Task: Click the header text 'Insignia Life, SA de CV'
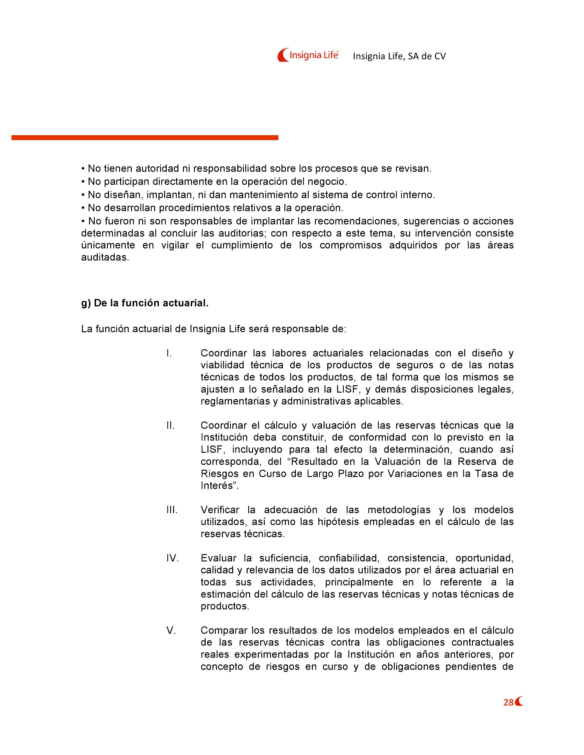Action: pyautogui.click(x=399, y=56)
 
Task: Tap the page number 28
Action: pyautogui.click(x=508, y=702)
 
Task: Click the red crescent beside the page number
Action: pyautogui.click(x=519, y=702)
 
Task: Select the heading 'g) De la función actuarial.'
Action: pyautogui.click(x=145, y=303)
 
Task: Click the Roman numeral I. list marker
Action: pyautogui.click(x=169, y=353)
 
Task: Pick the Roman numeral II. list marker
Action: pyautogui.click(x=170, y=426)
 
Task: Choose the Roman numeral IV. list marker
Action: pyautogui.click(x=172, y=558)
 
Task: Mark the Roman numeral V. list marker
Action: pyautogui.click(x=171, y=630)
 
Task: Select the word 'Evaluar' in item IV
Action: pyautogui.click(x=218, y=558)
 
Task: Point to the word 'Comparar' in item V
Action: pyautogui.click(x=223, y=630)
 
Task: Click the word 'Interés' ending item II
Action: pyautogui.click(x=218, y=486)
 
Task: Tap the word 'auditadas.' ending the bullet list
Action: pyautogui.click(x=105, y=258)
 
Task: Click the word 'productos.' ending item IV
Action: pyautogui.click(x=225, y=606)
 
